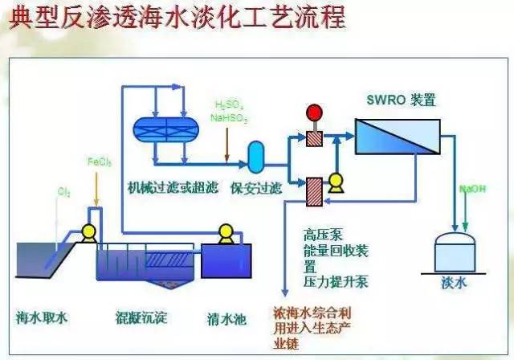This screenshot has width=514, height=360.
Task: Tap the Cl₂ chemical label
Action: pos(63,191)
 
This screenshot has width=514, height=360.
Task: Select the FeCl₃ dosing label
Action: pos(99,162)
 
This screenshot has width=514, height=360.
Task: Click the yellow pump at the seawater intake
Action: pos(89,233)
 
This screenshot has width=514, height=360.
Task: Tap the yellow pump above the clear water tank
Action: pos(226,232)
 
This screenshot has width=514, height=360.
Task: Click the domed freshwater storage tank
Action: pos(453,251)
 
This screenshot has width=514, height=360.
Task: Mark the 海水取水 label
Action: pos(42,317)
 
